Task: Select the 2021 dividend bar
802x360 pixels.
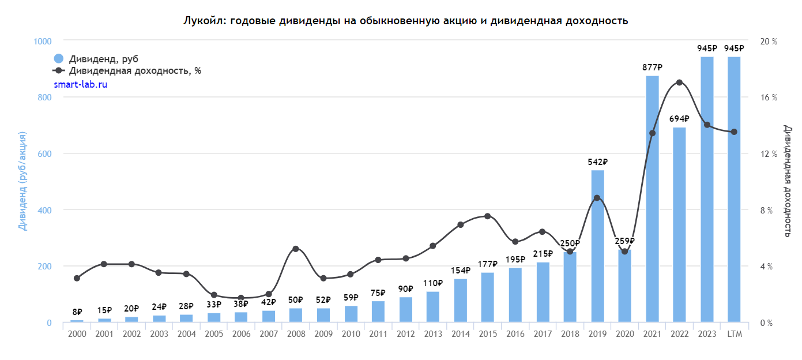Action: pos(652,199)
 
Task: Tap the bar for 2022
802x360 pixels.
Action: pos(679,225)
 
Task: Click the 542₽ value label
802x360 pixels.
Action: pos(597,162)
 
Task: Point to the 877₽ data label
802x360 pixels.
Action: pos(652,67)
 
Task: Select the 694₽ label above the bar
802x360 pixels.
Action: pos(679,119)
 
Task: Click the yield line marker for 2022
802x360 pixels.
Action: pos(679,82)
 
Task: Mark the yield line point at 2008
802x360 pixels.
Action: pos(296,249)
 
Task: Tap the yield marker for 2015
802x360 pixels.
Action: pos(487,216)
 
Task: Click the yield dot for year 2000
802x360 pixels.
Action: pos(77,278)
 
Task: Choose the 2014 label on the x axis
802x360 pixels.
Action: pos(460,334)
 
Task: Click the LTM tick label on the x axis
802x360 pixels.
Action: pos(734,334)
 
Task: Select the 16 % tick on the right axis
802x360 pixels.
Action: pos(769,97)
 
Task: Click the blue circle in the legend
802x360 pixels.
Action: pos(58,59)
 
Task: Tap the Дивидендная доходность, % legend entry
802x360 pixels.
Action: pos(135,71)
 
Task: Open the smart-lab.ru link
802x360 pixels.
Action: pos(81,84)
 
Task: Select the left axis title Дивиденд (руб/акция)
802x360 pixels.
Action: pos(23,181)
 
